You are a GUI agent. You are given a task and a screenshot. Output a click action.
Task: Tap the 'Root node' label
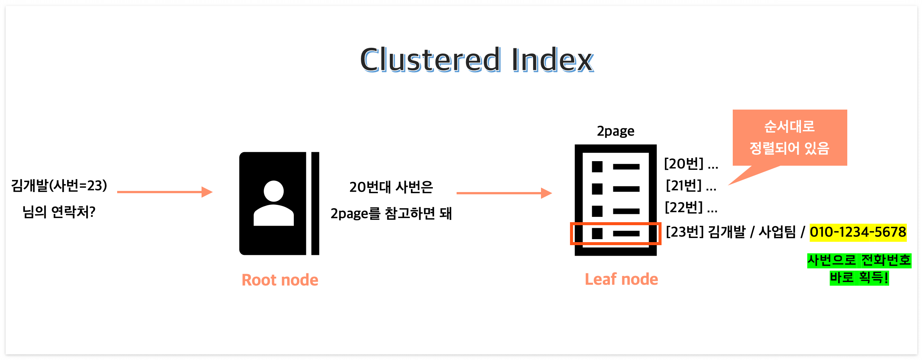280,280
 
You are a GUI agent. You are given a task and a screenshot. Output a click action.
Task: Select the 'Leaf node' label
621,279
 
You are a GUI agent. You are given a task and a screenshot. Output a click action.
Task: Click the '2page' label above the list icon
616,131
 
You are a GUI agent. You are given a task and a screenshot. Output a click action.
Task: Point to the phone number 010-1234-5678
858,232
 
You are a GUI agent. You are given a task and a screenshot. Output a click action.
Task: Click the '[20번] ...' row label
691,164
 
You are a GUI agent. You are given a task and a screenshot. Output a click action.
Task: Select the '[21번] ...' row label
691,186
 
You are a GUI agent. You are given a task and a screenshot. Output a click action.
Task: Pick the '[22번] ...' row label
691,207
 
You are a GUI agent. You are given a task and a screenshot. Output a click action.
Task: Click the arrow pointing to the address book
165,192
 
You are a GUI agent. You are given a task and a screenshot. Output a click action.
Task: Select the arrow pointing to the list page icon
504,193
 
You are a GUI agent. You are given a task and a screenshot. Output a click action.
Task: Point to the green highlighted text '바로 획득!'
859,278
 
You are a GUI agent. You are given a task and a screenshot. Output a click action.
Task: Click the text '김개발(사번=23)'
59,185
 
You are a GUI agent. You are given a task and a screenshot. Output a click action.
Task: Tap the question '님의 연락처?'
59,212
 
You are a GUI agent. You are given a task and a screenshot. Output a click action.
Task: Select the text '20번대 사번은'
391,187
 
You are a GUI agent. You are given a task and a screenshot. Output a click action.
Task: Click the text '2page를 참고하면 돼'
391,214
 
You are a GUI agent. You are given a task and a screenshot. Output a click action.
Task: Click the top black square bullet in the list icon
597,166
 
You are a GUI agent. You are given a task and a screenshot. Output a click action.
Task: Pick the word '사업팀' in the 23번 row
777,232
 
